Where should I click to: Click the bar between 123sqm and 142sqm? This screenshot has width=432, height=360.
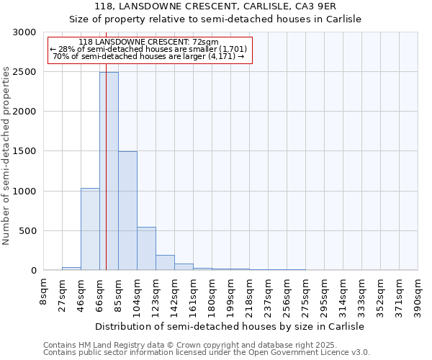165,263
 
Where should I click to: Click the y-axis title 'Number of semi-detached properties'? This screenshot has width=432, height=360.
6,156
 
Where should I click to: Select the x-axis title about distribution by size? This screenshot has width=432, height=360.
230,326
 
